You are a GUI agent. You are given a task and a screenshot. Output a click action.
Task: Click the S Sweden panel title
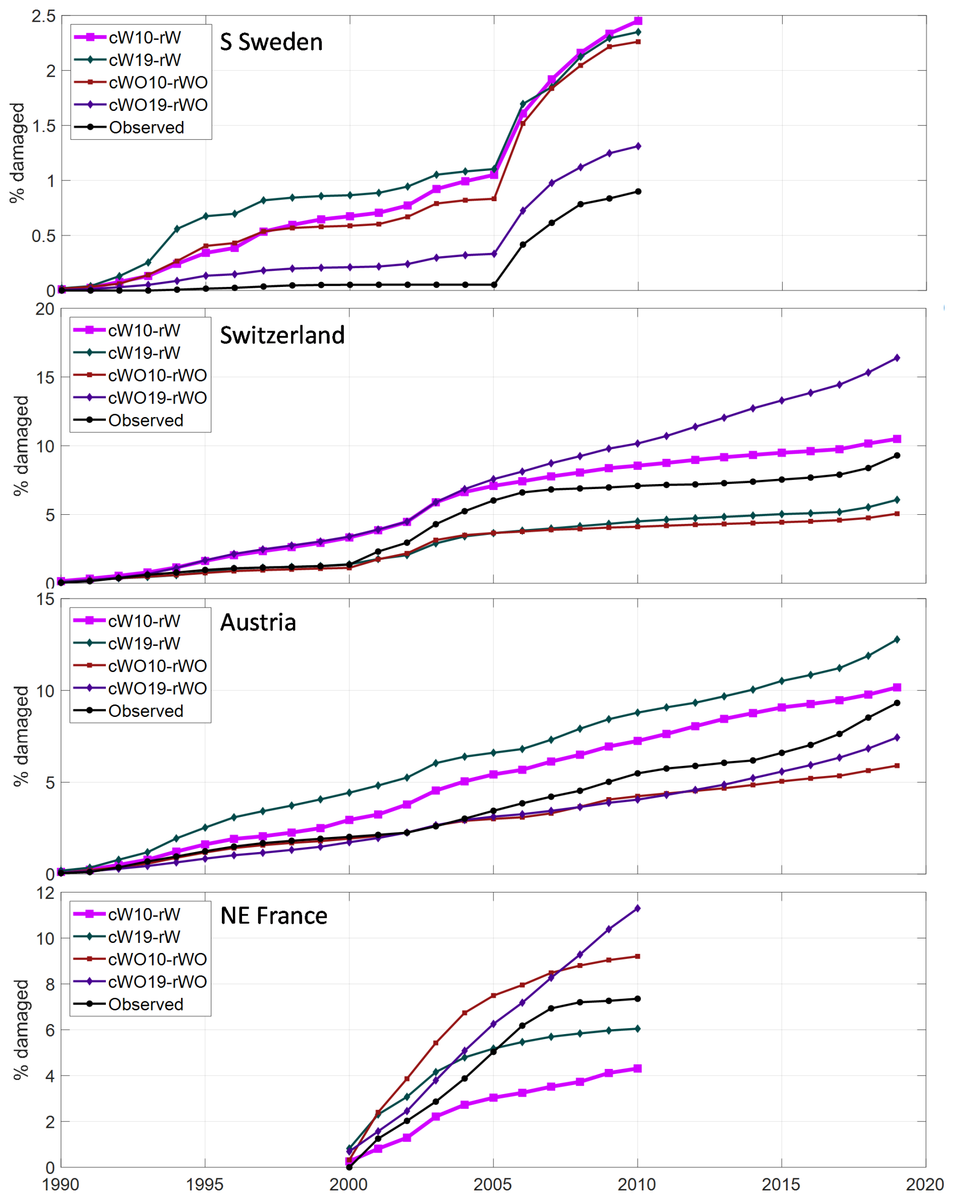pos(271,42)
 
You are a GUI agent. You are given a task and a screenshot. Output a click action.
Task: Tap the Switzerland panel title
pos(282,336)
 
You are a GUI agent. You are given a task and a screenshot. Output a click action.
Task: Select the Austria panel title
pos(258,622)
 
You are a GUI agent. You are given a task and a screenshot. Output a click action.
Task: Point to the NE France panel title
pos(274,916)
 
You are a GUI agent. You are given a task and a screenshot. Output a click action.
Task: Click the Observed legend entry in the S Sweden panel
pos(146,128)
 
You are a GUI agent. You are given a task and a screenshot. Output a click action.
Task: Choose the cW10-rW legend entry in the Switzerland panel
pos(144,331)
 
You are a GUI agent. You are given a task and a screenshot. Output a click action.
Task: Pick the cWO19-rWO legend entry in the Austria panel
pos(157,689)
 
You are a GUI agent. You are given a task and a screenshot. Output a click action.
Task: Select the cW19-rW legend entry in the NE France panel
pos(144,937)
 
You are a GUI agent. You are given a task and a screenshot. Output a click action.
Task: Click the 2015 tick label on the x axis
pos(781,1184)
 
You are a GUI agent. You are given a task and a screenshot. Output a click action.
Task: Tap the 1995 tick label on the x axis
pos(204,1184)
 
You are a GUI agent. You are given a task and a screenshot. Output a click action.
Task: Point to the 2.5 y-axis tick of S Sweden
pos(43,16)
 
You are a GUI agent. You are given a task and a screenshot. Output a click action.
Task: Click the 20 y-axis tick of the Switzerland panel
pos(44,310)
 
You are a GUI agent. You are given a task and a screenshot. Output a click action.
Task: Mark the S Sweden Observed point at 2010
pos(638,192)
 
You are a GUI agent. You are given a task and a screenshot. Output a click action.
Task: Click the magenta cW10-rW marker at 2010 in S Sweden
pos(638,21)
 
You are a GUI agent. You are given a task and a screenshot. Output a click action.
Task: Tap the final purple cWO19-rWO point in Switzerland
pos(897,358)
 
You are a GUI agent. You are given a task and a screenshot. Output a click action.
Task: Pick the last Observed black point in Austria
pos(897,703)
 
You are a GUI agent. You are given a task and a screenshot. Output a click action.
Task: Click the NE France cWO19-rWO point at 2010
pos(637,909)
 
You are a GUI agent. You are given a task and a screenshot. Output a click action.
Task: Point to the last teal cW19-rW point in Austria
pos(897,639)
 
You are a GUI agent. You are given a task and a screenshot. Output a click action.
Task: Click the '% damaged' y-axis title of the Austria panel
pos(21,736)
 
